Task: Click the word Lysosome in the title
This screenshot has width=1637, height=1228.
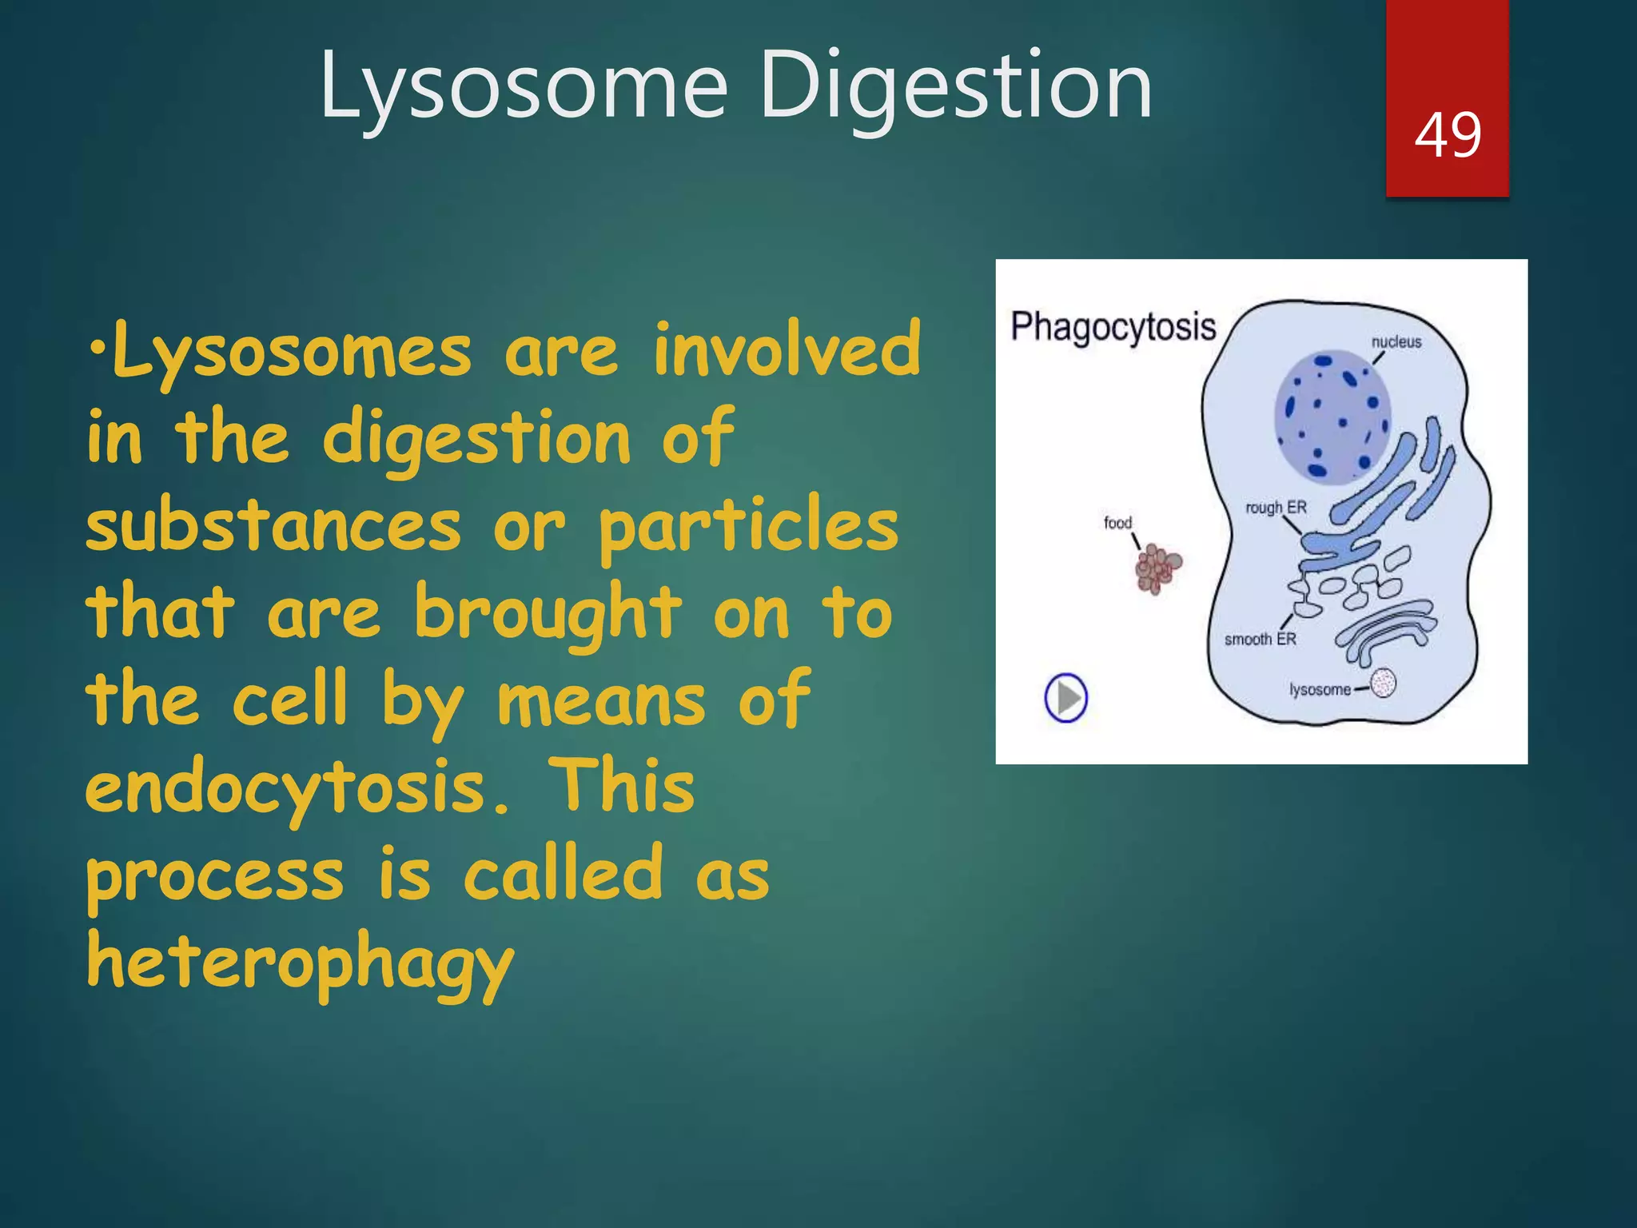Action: [524, 86]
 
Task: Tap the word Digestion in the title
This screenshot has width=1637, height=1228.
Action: [956, 86]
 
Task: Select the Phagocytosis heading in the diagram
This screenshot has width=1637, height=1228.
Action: [1113, 327]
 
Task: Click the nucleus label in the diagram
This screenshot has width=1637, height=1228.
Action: [1396, 341]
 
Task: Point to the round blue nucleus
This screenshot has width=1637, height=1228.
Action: [1332, 416]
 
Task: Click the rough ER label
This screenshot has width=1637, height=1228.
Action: [1276, 507]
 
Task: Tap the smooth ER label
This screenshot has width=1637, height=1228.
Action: [1260, 639]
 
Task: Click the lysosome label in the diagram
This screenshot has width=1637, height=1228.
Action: [1320, 689]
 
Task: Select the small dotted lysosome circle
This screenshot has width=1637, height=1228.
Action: [1384, 684]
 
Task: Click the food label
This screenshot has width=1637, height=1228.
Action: [1117, 523]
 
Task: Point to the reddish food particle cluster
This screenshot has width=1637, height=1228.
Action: [1157, 568]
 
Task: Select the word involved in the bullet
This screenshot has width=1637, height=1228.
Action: [787, 350]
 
